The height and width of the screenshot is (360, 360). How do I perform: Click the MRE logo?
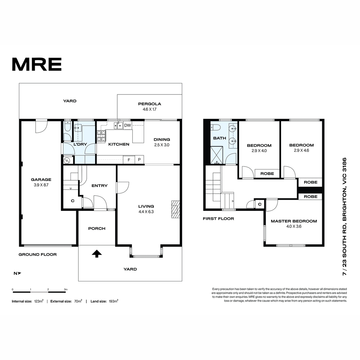[x=37, y=64]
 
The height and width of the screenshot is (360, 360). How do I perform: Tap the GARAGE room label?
[x=41, y=179]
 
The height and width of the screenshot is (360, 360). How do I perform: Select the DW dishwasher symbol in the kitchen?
[x=127, y=125]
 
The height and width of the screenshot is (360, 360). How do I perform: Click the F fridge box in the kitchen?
[x=129, y=160]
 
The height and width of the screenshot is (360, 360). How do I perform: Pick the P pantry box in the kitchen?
[x=139, y=160]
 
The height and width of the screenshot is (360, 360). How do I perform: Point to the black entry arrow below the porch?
[x=97, y=254]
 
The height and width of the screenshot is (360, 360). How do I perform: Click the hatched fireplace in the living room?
[x=175, y=209]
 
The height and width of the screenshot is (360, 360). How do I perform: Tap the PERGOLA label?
[x=149, y=104]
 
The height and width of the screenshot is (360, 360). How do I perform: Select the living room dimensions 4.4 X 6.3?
[x=146, y=212]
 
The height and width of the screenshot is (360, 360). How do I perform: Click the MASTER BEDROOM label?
[x=294, y=221]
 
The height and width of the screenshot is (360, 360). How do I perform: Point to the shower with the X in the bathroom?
[x=217, y=155]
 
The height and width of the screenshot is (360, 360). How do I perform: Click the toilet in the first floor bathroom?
[x=216, y=127]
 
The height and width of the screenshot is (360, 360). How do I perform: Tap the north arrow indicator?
[x=17, y=273]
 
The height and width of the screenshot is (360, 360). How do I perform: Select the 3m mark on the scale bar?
[x=66, y=289]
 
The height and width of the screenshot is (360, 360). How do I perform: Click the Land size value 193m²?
[x=113, y=301]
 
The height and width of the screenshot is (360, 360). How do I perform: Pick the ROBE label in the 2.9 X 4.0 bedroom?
[x=267, y=174]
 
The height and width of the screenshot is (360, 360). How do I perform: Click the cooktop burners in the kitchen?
[x=101, y=136]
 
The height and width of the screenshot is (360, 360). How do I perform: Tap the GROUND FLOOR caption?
[x=37, y=254]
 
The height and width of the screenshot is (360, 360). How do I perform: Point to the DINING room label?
[x=162, y=139]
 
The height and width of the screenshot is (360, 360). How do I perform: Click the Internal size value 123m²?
[x=39, y=301]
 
